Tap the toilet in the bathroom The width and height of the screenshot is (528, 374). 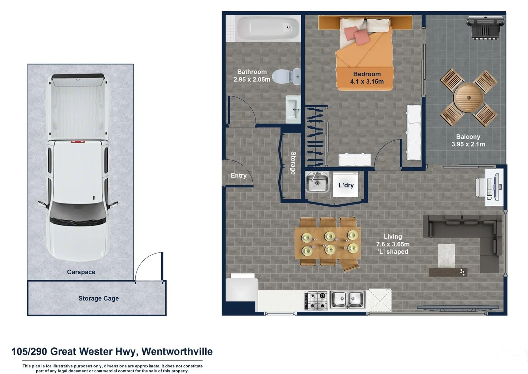286,77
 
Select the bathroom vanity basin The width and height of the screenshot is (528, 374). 293,109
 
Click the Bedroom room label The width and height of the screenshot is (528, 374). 367,74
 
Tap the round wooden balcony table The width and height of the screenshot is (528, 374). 468,98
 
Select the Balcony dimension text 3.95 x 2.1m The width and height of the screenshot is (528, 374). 468,144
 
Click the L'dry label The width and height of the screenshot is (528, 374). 346,185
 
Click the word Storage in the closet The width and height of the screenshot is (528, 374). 293,163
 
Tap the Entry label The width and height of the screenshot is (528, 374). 239,176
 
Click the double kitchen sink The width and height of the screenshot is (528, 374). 347,300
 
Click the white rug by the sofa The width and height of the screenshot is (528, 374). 446,255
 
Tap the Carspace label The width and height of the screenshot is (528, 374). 81,272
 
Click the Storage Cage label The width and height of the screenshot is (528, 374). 98,299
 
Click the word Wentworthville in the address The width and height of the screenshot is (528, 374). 177,351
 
